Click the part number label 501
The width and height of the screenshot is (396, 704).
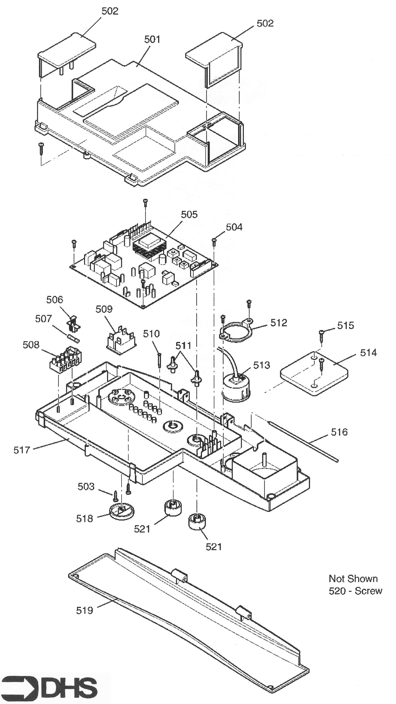point(152,39)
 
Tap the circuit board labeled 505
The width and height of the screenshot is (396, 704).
point(144,267)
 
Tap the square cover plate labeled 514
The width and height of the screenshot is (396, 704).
point(314,374)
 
